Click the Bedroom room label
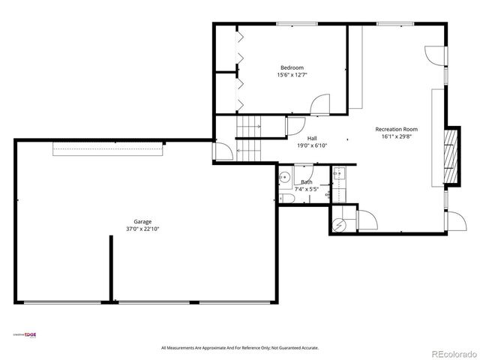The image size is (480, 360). [x=292, y=67]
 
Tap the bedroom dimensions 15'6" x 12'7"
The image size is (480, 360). [x=292, y=75]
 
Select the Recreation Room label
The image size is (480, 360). [x=396, y=129]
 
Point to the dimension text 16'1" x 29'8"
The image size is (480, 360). [x=396, y=136]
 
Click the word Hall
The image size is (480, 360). [x=311, y=138]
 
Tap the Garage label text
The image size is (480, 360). [x=143, y=221]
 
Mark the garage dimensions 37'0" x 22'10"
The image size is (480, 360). [x=143, y=229]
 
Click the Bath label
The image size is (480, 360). [x=307, y=182]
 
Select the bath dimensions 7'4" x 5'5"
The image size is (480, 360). [x=307, y=189]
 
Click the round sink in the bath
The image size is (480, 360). [x=285, y=177]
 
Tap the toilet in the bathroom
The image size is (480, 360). [x=286, y=197]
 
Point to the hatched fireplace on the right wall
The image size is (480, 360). [x=451, y=157]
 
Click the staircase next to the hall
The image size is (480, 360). [x=249, y=138]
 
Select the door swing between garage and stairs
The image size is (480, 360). [x=223, y=152]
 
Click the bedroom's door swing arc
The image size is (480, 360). [x=320, y=106]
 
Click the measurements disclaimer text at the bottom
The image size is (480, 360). [x=240, y=348]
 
